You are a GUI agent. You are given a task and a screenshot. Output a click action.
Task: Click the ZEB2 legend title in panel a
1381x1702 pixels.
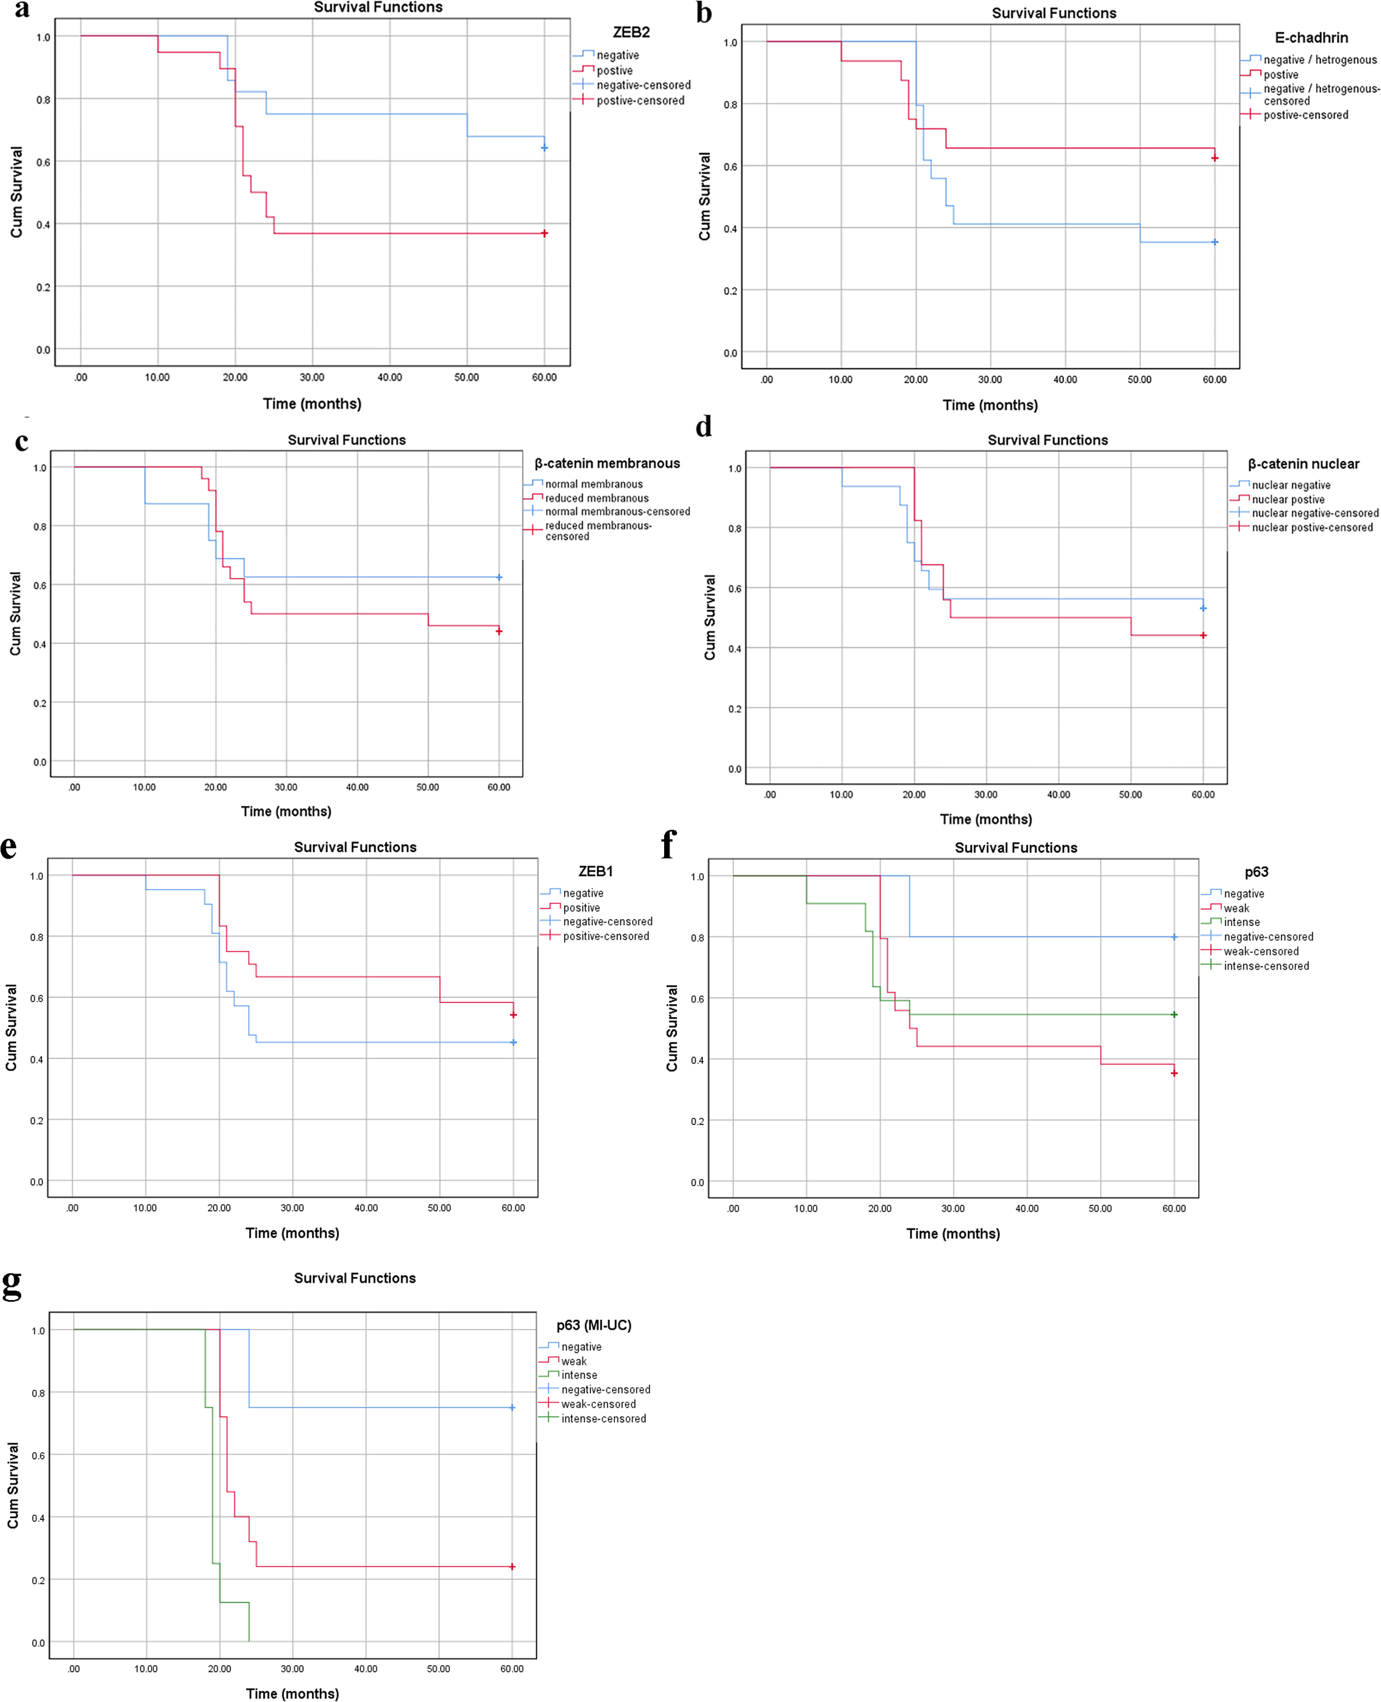point(631,32)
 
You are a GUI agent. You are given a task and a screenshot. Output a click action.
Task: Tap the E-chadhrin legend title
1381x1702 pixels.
point(1311,37)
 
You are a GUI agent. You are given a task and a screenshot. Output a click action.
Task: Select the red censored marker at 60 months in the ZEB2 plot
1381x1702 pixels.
point(544,233)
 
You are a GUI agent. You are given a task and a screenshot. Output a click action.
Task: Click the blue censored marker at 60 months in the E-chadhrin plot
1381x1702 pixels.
point(1214,242)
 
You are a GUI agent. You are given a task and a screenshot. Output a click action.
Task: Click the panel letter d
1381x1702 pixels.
point(703,427)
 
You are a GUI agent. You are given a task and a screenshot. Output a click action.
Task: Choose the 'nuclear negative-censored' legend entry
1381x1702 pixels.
point(1314,513)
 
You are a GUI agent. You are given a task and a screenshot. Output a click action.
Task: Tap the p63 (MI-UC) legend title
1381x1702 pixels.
point(593,1325)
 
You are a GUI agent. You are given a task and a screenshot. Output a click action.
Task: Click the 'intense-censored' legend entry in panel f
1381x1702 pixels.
point(1266,966)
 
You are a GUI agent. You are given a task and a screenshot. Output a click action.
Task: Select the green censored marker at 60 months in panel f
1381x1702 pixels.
point(1174,1014)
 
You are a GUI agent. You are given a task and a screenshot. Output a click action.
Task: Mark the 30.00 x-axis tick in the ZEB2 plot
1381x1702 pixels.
point(312,377)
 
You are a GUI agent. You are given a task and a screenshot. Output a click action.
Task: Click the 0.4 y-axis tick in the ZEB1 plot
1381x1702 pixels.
point(37,1059)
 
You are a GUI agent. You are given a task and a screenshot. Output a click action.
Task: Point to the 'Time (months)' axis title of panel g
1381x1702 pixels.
point(292,1693)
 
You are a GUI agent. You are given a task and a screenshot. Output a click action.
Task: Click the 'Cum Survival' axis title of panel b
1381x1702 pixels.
point(705,197)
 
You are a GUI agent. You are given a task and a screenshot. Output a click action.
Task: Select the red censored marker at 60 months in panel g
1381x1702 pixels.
point(512,1567)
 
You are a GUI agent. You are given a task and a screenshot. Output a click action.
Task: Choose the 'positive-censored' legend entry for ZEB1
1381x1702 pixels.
point(606,936)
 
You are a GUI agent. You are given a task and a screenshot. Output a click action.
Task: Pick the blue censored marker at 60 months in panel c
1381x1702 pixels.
point(499,577)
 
